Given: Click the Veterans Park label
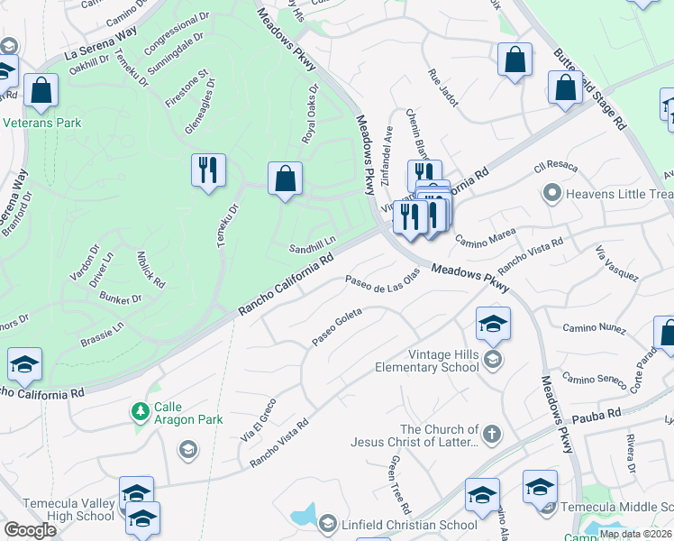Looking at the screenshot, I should click(x=41, y=123).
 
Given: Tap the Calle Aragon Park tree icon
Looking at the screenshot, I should click(x=141, y=412).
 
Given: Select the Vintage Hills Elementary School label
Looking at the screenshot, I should click(x=432, y=361).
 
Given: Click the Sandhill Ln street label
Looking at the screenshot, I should click(x=312, y=243).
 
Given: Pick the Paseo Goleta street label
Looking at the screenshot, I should click(x=337, y=326).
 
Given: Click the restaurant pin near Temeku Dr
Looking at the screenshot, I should click(x=208, y=170).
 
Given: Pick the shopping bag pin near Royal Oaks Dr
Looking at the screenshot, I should click(x=285, y=178).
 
